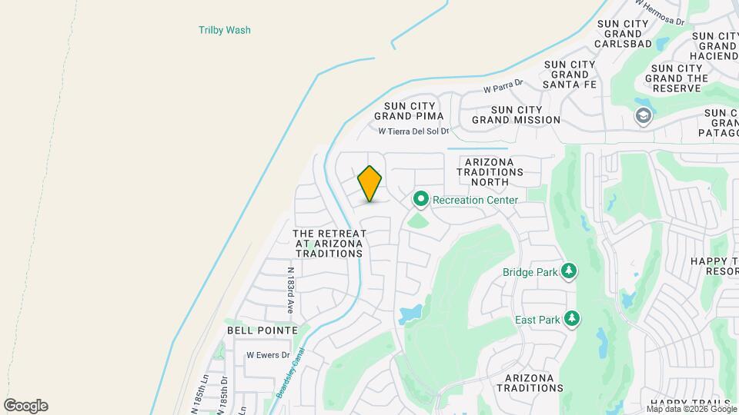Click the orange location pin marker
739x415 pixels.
coord(370,184)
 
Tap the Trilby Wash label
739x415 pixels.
coord(225,31)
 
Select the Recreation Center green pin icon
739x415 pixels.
coord(421,200)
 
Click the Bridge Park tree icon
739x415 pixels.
coord(569,271)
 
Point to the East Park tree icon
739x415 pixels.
coord(570,318)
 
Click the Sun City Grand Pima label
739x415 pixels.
coord(409,111)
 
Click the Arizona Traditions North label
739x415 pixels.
coord(494,171)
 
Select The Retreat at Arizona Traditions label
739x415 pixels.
coord(329,243)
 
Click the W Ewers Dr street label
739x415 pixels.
coord(268,355)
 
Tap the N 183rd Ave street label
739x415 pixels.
coord(291,290)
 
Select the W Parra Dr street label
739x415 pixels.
coord(503,87)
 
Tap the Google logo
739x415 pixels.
coord(25,406)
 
